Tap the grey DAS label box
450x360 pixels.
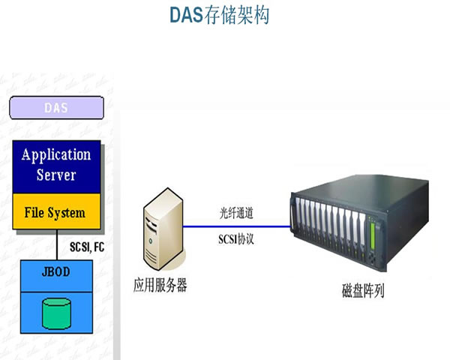coord(56,107)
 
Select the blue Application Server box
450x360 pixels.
coord(56,166)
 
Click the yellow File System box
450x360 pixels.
coord(56,212)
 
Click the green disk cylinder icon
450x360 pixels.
coord(57,313)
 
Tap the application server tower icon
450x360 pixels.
coord(161,230)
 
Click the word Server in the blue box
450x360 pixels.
coord(56,175)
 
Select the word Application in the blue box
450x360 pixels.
coord(56,155)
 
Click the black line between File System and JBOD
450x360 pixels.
coord(57,245)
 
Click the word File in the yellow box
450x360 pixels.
coord(34,212)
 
